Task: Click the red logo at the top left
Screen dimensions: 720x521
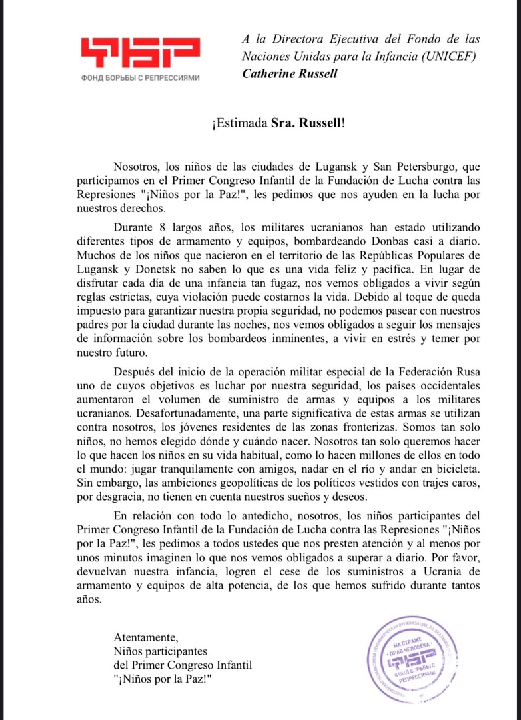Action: click(x=139, y=53)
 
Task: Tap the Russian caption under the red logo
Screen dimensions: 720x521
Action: click(x=139, y=77)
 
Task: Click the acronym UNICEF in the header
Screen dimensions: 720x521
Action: click(x=454, y=56)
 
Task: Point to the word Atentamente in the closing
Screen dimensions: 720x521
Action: click(x=146, y=636)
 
